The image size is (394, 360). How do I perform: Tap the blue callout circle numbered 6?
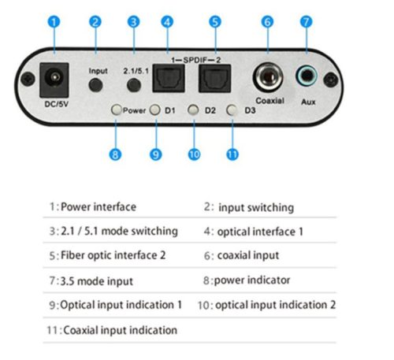(267, 22)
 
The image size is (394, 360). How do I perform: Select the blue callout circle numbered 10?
(194, 154)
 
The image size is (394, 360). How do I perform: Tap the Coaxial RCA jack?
(268, 80)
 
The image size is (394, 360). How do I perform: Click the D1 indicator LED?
(155, 110)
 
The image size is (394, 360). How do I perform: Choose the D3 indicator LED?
(231, 110)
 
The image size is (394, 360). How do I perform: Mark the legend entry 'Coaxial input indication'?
(120, 330)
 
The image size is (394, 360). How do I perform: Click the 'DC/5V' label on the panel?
(55, 102)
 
